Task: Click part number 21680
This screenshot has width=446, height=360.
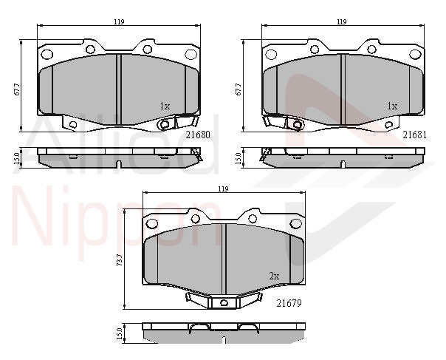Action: [198, 135]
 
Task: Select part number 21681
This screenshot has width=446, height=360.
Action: [415, 135]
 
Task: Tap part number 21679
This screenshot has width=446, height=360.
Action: [289, 303]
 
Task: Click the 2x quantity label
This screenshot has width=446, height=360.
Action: [274, 276]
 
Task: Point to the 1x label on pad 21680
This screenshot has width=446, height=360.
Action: [165, 106]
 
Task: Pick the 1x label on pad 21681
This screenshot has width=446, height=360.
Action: [393, 106]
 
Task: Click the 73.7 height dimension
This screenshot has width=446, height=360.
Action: [120, 260]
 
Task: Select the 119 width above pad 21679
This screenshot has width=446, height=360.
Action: [223, 189]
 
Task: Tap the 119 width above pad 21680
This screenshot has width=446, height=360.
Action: [119, 21]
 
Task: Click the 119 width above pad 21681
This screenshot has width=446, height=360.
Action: [342, 21]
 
